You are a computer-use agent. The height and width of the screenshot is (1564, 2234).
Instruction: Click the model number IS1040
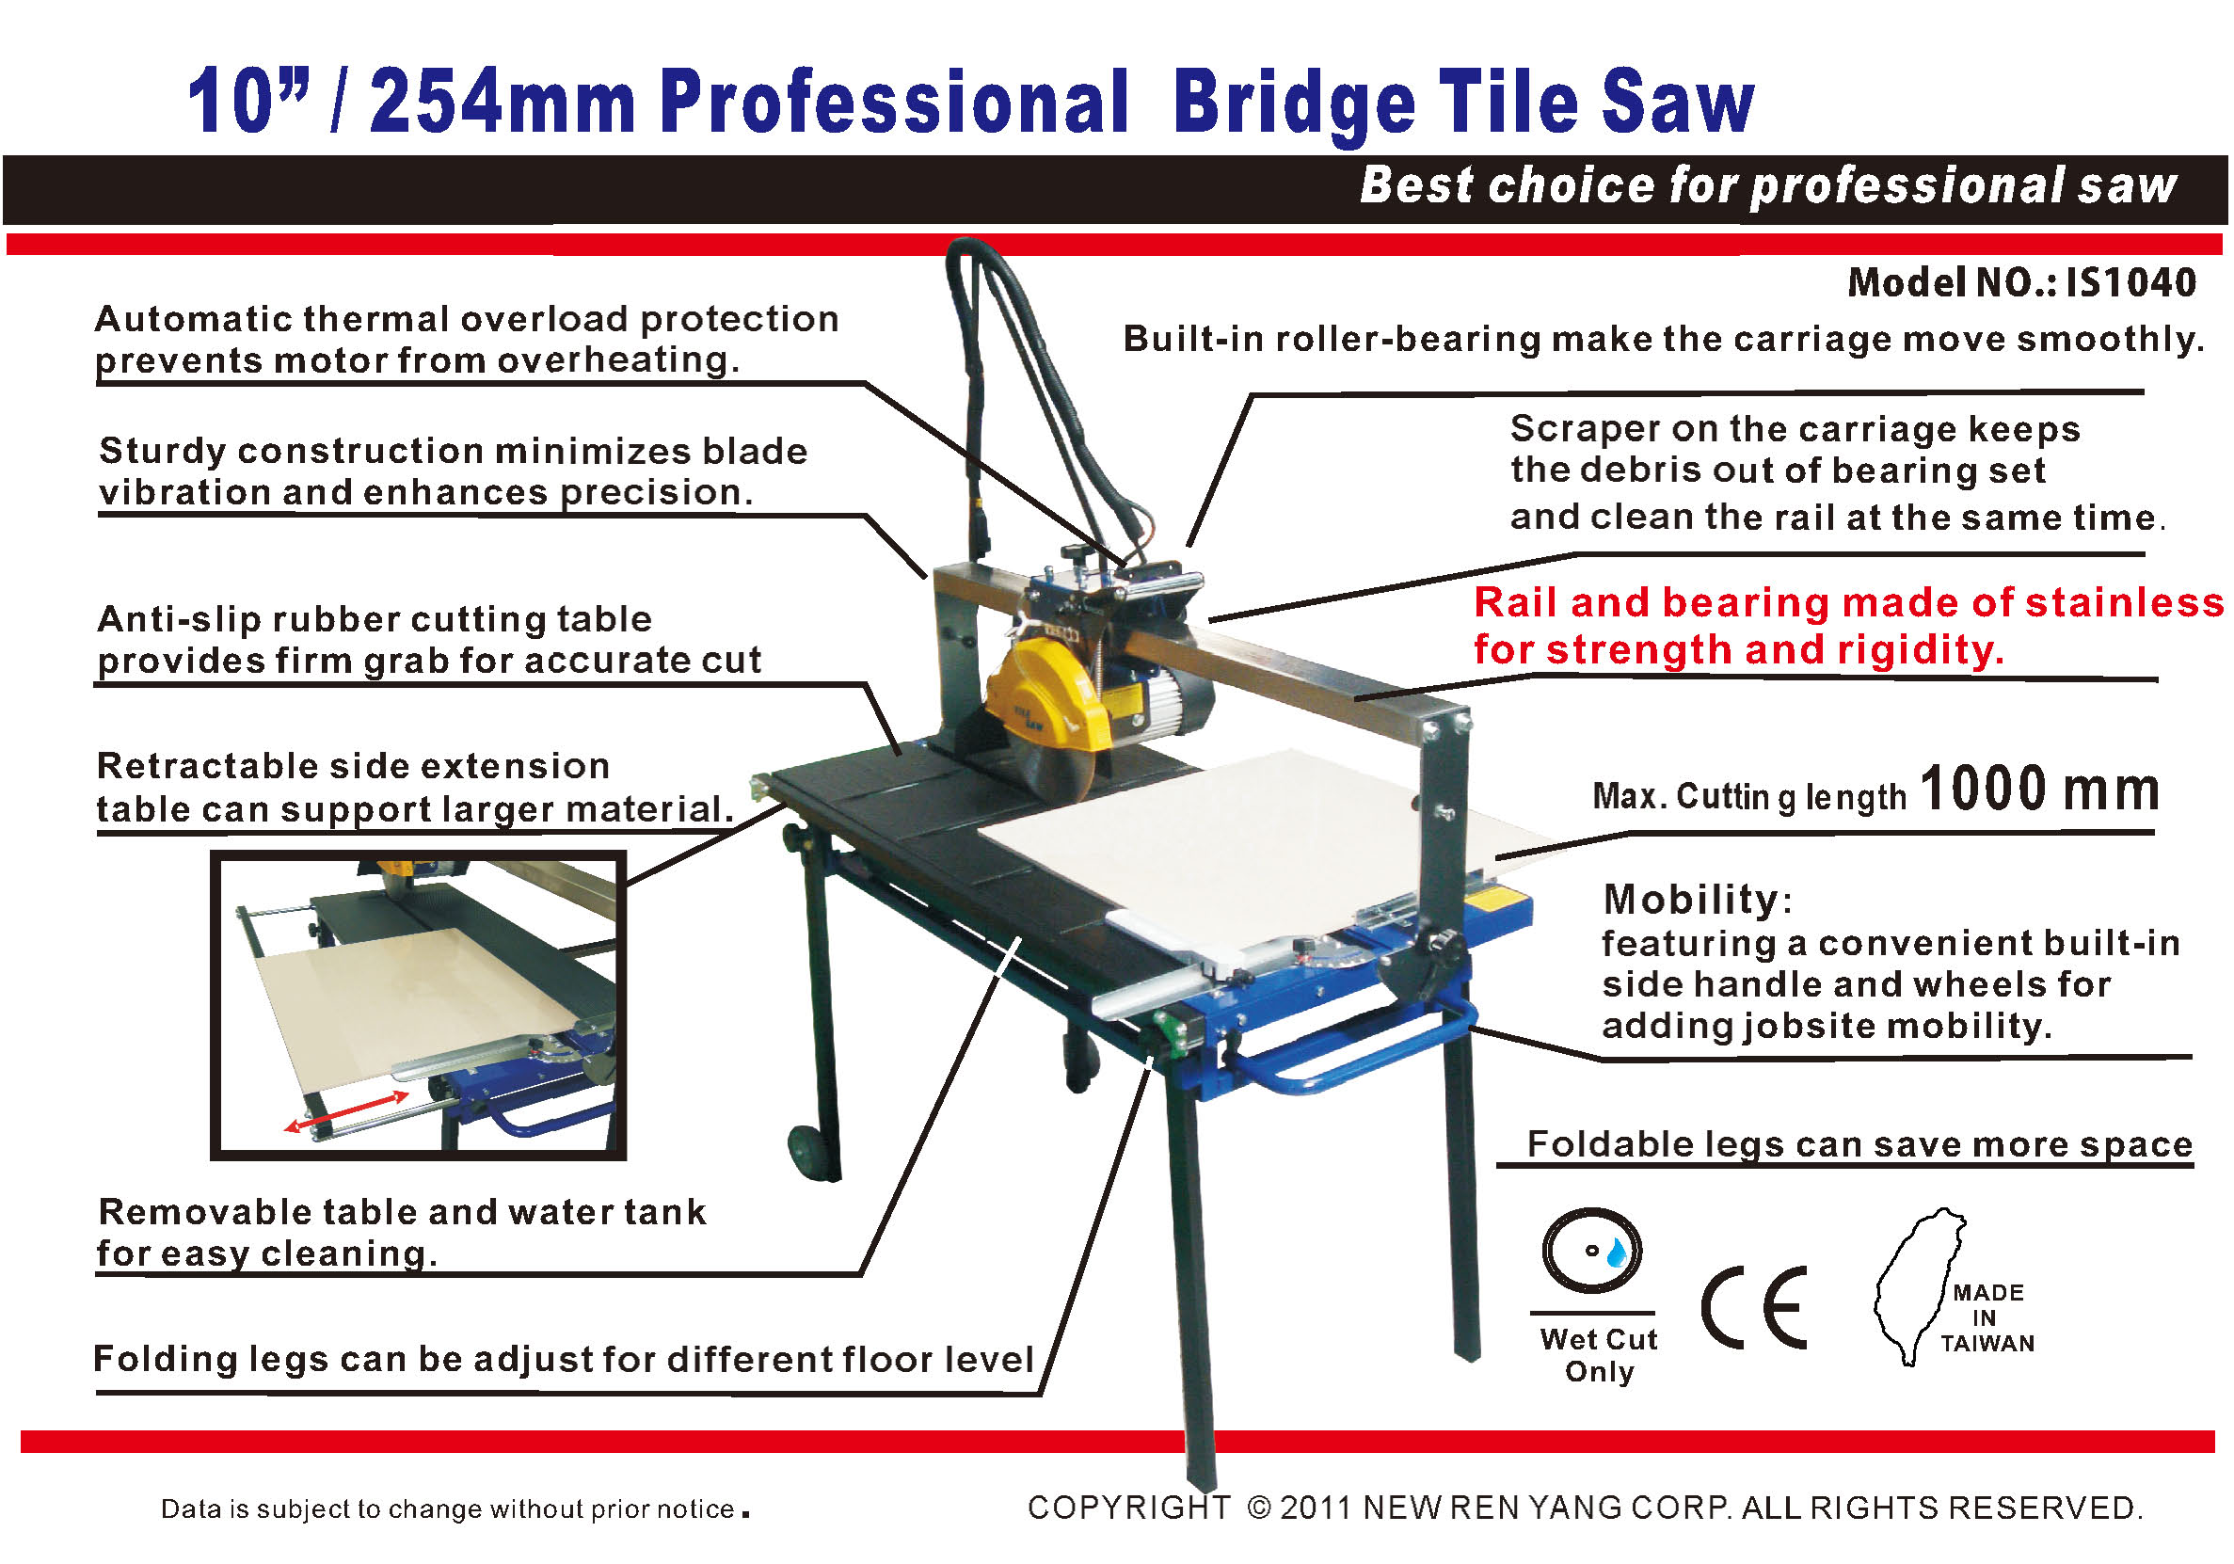[2130, 282]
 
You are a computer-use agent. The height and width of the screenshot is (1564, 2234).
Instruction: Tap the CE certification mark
[1754, 1307]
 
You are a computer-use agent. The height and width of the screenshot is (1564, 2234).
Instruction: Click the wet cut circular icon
[1592, 1251]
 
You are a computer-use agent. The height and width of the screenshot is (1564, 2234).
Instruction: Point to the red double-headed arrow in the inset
[346, 1110]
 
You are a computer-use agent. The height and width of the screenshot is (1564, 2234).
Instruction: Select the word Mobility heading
[1691, 899]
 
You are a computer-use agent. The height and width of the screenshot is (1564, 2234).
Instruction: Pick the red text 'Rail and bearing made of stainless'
[1849, 602]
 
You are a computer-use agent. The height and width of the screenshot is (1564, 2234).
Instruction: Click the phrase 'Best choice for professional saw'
[1767, 185]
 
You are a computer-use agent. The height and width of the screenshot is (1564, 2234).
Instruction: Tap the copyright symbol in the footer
[1259, 1508]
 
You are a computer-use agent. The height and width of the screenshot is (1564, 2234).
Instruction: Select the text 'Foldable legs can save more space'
[1859, 1143]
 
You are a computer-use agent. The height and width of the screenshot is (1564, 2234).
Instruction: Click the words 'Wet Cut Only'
[1599, 1355]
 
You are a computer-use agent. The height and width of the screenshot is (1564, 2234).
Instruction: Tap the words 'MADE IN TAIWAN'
[1987, 1317]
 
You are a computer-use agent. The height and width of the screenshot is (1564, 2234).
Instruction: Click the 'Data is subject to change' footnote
[454, 1508]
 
